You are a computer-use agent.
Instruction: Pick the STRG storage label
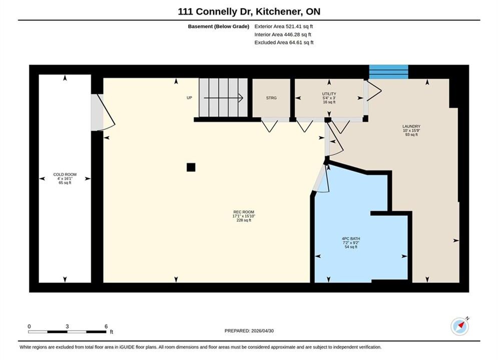pos(271,98)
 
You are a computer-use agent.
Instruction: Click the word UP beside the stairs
pos(189,97)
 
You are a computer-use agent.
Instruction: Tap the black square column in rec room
pos(191,167)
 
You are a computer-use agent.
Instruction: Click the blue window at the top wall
pos(388,72)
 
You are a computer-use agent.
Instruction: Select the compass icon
pos(459,326)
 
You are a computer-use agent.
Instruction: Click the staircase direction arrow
pos(223,98)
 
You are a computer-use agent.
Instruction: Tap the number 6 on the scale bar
pos(106,326)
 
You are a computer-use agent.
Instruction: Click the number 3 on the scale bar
pos(67,326)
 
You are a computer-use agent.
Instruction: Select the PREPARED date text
pos(249,331)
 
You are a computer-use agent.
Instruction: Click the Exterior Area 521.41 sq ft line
pos(284,26)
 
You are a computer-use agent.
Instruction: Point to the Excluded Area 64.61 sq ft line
pos(284,42)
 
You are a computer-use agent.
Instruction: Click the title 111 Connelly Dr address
pos(249,11)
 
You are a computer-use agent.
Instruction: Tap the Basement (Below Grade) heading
pos(219,26)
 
